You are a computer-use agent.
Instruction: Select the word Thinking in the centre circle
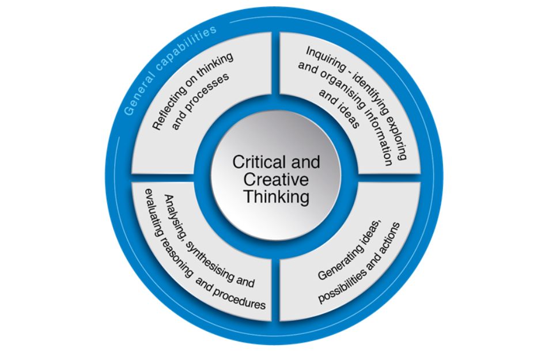(x=276, y=196)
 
